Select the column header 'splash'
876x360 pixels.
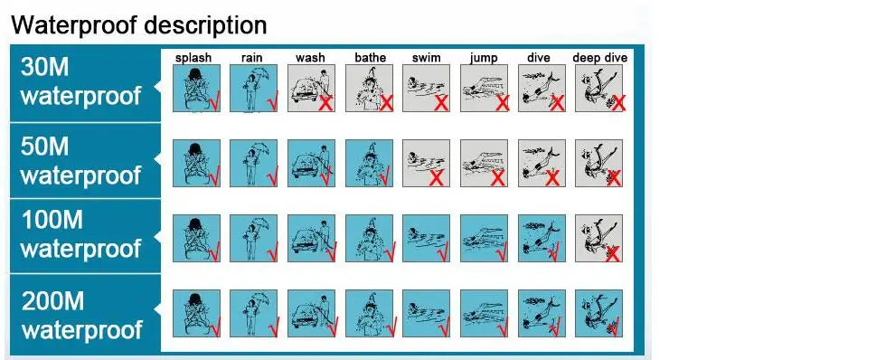(193, 58)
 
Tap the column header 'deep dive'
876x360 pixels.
(600, 58)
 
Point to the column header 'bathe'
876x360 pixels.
(371, 58)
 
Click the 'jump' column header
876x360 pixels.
(484, 58)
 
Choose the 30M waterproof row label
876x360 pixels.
(80, 81)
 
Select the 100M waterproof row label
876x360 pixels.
(80, 234)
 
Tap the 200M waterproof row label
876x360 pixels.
(81, 316)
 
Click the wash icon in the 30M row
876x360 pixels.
(311, 89)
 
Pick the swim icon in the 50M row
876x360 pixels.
(427, 163)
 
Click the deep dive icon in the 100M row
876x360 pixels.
(598, 238)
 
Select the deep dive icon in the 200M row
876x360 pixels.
(598, 313)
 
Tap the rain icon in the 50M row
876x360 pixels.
(254, 163)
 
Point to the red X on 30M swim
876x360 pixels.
(441, 103)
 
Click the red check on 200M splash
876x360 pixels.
(214, 327)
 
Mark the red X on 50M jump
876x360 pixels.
(497, 178)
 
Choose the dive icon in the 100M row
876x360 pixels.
(542, 238)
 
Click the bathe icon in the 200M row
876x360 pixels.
(369, 313)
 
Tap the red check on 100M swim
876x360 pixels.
(444, 252)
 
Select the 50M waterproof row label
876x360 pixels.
(80, 160)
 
